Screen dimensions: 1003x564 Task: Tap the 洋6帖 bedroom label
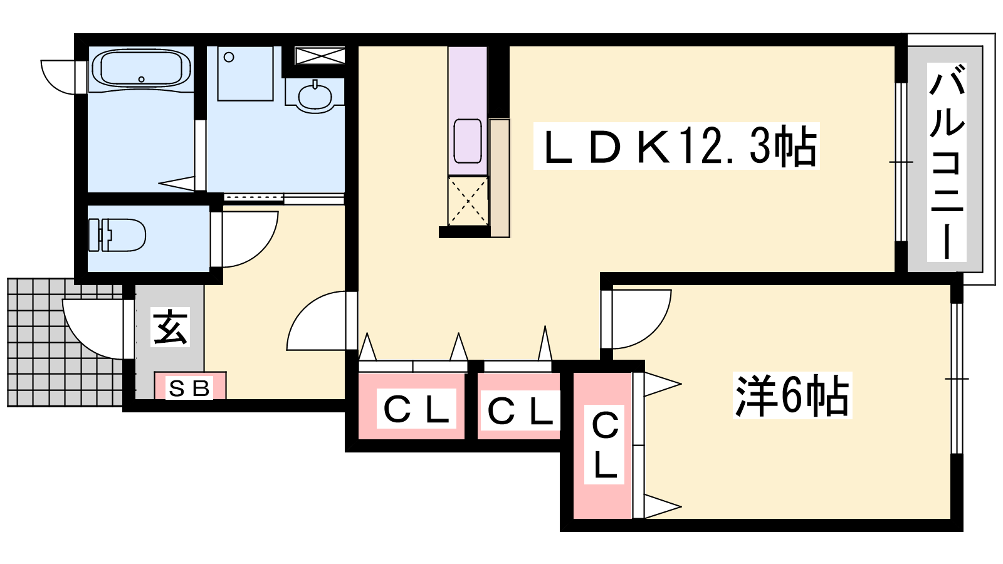tap(792, 396)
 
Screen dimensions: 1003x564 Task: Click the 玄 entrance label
tap(170, 326)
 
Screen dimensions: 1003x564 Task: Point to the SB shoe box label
tap(189, 389)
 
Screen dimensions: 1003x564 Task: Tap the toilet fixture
tap(117, 235)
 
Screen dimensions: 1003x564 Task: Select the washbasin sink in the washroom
tap(315, 95)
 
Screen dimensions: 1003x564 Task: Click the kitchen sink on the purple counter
tap(468, 140)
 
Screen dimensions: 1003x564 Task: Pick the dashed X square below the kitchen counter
tap(468, 201)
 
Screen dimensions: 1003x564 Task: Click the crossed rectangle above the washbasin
tap(320, 56)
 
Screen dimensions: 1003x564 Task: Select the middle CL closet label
tap(520, 411)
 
